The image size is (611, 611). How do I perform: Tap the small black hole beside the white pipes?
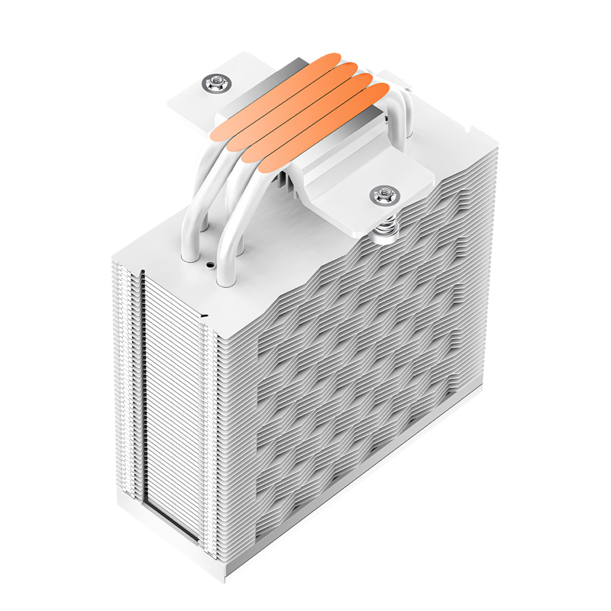tap(209, 267)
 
